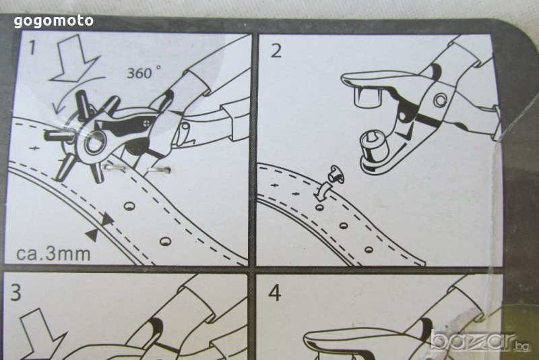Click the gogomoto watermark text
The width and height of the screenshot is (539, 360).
pos(54,22)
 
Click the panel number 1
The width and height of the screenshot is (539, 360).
pos(32,47)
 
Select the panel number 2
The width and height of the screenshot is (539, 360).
pos(276,51)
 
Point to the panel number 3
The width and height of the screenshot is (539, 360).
pos(15,293)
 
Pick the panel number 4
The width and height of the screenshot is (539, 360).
pos(275,294)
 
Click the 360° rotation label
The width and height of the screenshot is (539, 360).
pos(144,72)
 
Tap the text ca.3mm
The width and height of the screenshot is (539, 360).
pos(53,253)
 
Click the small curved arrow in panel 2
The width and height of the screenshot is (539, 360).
pos(323,191)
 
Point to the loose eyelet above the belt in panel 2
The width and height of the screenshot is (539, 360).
pos(333,174)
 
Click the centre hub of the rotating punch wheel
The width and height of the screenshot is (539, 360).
pos(92,142)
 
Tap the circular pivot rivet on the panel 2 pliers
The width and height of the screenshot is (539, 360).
pos(440,99)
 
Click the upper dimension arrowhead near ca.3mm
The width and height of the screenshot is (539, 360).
pos(108,219)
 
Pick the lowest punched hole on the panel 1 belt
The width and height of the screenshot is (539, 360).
pos(165,241)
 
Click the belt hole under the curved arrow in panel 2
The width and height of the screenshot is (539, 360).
pos(319,208)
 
